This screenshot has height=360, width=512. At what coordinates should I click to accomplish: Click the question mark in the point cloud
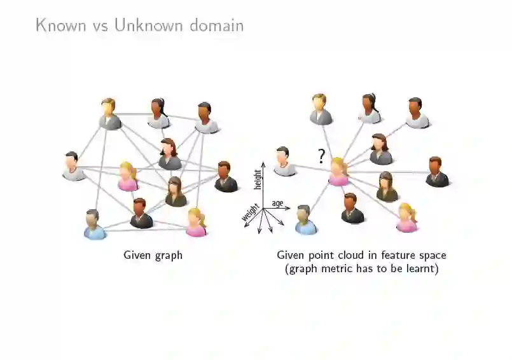pos(321,156)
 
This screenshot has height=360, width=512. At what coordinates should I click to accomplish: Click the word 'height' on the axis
pos(258,179)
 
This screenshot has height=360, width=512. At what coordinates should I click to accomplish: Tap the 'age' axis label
pos(277,203)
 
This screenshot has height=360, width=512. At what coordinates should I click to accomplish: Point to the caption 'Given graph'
pos(153,255)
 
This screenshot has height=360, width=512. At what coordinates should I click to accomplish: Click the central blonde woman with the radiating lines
pos(338,172)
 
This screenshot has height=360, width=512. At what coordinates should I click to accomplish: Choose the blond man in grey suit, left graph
pos(109,114)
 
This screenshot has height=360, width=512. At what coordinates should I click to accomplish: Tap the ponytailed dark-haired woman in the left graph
pos(158,113)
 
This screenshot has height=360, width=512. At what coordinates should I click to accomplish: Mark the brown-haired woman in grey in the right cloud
pos(380,149)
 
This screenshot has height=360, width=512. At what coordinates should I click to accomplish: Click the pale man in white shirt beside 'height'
pos(284,162)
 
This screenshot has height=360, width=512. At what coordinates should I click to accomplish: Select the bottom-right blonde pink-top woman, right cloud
pos(406,218)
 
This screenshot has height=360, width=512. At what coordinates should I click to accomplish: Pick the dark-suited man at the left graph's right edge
pos(225,177)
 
